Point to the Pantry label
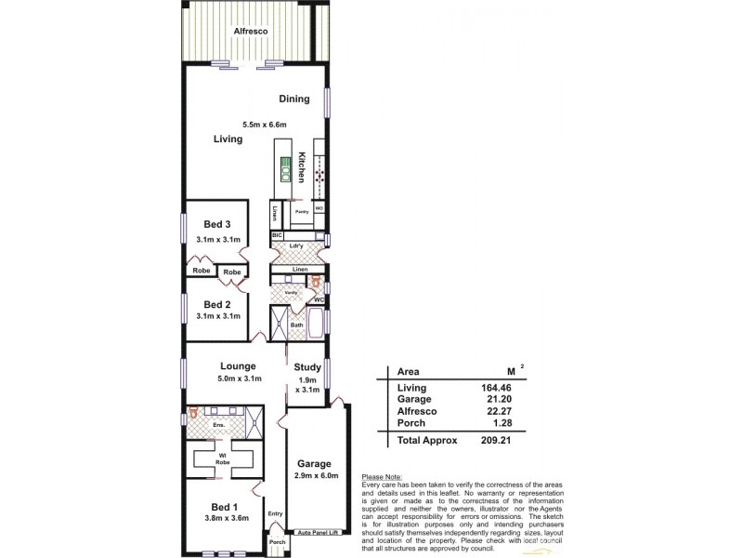point(301,212)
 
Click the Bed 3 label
point(216,224)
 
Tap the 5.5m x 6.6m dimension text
point(265,125)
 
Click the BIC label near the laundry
point(276,236)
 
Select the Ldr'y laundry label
point(297,246)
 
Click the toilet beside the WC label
point(316,280)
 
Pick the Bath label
point(297,325)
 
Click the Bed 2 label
point(216,304)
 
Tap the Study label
point(307,366)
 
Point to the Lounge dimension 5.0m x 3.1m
point(239,379)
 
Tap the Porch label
point(277,542)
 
